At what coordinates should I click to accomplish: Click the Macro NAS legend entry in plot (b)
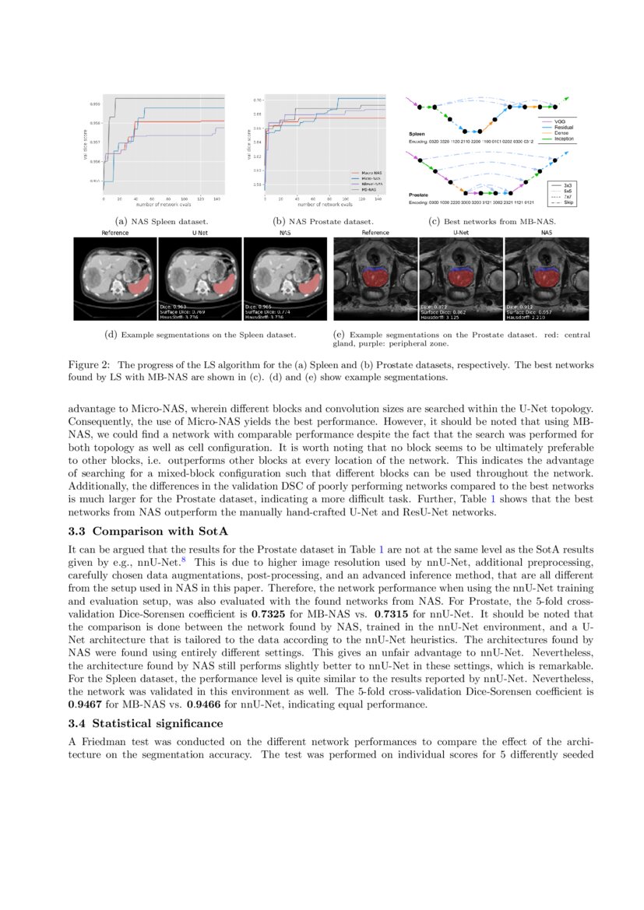(x=366, y=172)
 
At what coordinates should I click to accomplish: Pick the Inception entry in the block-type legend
(x=559, y=139)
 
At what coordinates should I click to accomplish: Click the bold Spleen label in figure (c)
(x=417, y=134)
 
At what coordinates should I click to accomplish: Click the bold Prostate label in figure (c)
(x=420, y=195)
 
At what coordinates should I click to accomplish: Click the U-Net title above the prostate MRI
(x=461, y=233)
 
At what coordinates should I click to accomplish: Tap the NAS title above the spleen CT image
(x=284, y=233)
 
